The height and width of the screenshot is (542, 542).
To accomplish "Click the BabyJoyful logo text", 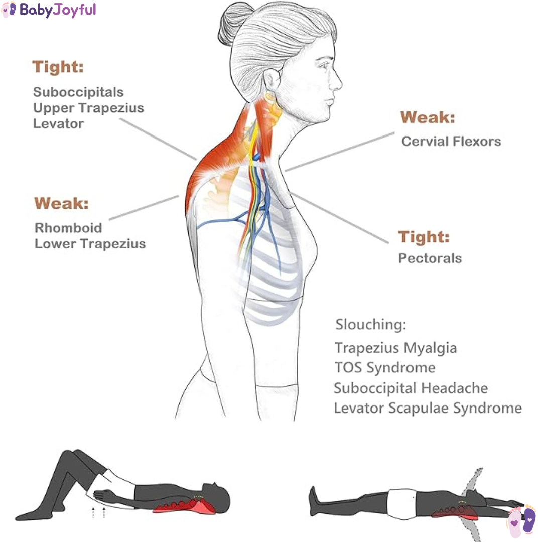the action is click(58, 10).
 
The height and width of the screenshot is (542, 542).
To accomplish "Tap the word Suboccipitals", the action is click(78, 92).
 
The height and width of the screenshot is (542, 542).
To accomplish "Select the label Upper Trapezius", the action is click(88, 108).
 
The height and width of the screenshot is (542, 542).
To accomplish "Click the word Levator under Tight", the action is click(58, 124).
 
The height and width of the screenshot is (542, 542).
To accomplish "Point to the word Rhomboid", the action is click(68, 228).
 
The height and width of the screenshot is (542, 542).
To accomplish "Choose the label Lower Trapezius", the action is click(90, 244).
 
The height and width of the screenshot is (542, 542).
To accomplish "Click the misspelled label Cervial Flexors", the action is click(451, 142).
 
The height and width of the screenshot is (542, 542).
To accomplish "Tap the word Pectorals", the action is click(430, 258).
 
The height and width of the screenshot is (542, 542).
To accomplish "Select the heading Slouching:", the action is click(371, 325).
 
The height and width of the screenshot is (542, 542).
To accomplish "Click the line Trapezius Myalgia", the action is click(396, 348).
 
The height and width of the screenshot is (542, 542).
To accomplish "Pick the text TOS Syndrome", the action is click(385, 368).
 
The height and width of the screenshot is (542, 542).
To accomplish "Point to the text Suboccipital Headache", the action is click(411, 388).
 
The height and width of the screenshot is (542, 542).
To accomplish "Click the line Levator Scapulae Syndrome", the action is click(428, 408).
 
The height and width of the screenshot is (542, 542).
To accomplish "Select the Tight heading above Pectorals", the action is click(424, 237).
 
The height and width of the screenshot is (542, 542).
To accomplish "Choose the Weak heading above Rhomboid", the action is click(62, 203).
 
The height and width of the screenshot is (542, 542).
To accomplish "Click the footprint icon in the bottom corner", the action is click(521, 521).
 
